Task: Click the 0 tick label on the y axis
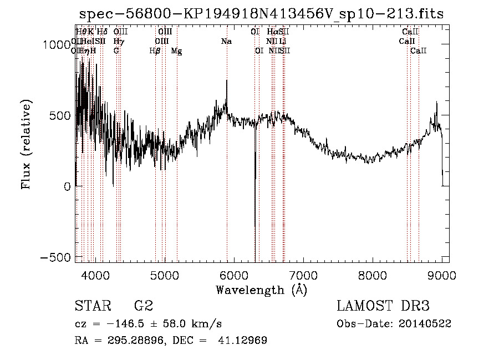click(67, 187)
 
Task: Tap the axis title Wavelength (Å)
click(261, 290)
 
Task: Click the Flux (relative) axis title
click(27, 144)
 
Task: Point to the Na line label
click(226, 42)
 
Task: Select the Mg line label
click(176, 51)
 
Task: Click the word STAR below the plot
click(92, 306)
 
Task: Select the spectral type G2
click(144, 306)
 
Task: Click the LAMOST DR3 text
click(383, 306)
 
